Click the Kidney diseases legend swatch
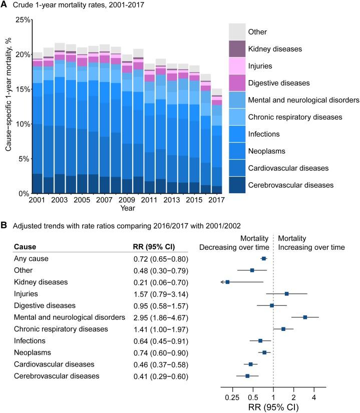click(x=238, y=49)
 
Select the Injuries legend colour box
click(x=238, y=66)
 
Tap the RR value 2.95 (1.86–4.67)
click(x=157, y=317)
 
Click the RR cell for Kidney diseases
click(x=157, y=282)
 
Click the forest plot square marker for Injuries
click(x=286, y=293)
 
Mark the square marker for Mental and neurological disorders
click(x=305, y=317)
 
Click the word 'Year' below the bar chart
click(x=127, y=208)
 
